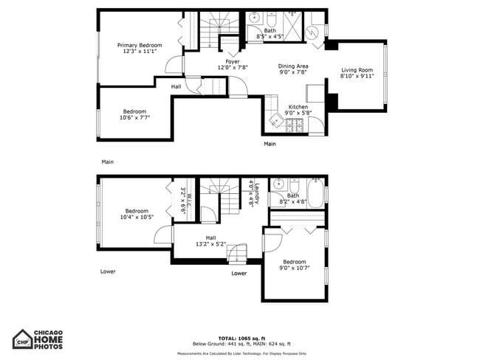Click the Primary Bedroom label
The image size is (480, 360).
pos(140,46)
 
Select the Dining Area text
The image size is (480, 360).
pos(292,66)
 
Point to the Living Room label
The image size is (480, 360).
pos(357,70)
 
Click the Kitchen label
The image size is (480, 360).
pos(298,107)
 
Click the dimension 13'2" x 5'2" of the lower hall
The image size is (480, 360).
pos(210,243)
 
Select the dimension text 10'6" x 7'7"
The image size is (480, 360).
pos(136,117)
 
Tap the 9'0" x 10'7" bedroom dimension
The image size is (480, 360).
pos(294,268)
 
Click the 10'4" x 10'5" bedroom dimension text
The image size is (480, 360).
pos(137,217)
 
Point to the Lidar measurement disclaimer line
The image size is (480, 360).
pos(241,353)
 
